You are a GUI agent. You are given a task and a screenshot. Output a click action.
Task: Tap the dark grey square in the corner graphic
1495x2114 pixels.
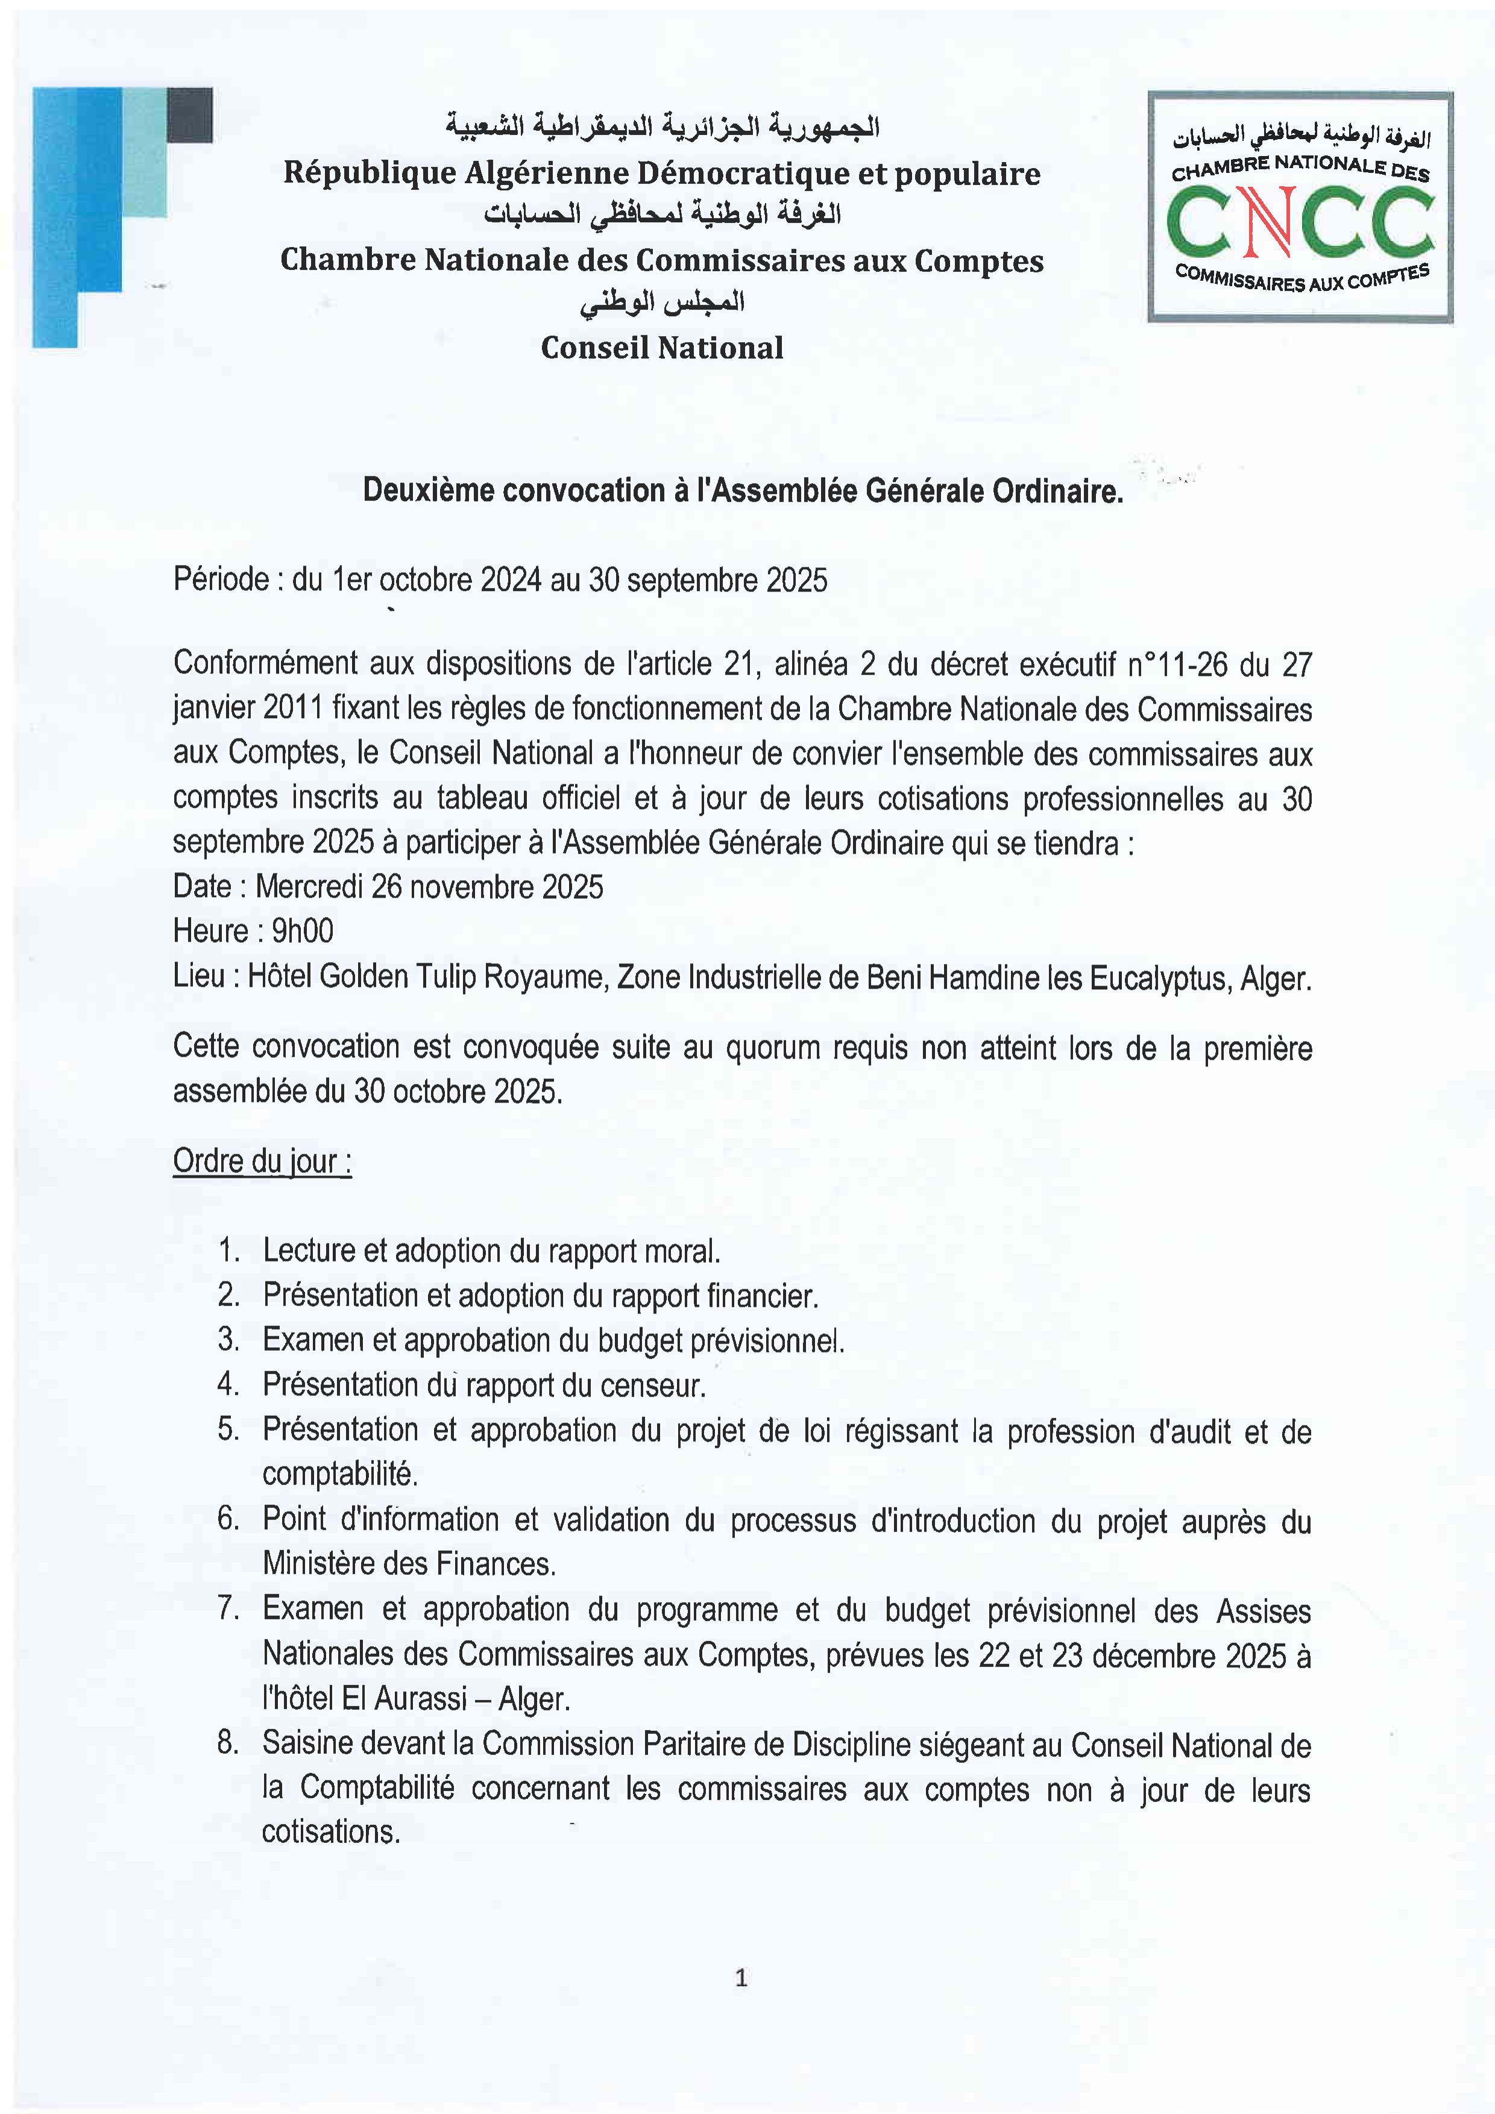point(190,115)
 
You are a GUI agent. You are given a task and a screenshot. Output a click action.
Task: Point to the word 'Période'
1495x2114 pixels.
point(221,580)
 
